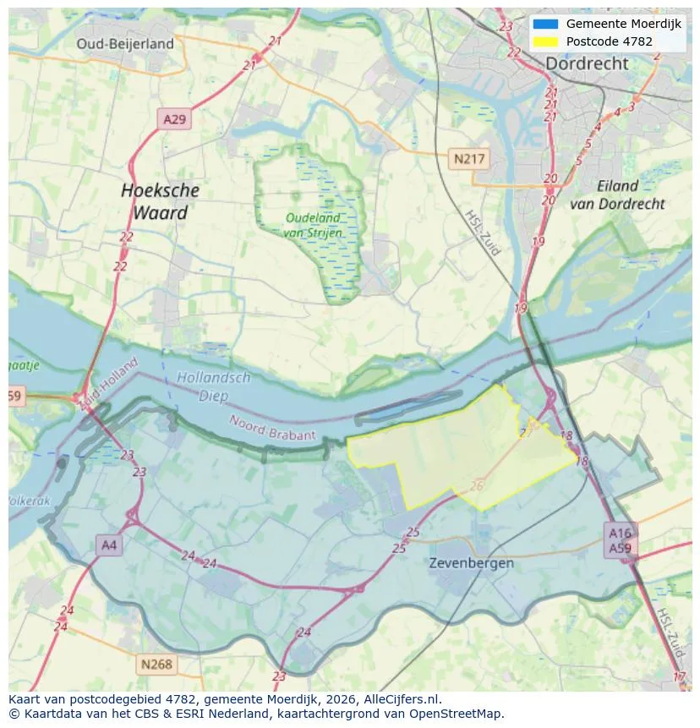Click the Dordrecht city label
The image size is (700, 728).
click(x=587, y=63)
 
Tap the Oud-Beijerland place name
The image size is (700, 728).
click(x=125, y=44)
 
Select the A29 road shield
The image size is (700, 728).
click(x=174, y=119)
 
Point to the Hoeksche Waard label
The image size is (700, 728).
click(x=160, y=201)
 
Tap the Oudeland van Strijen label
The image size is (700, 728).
click(x=312, y=225)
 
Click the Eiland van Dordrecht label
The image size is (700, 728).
click(x=617, y=194)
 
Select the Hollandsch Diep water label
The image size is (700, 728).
click(x=213, y=386)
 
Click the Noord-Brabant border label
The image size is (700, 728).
click(x=272, y=427)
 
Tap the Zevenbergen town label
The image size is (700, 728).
click(x=471, y=562)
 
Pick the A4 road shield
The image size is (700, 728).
click(x=109, y=545)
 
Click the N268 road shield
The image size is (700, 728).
click(x=156, y=664)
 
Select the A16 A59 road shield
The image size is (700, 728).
click(x=620, y=539)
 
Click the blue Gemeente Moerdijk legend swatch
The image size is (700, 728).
click(x=545, y=24)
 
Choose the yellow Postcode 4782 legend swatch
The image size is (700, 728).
click(x=545, y=41)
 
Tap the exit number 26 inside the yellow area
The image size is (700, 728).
click(x=477, y=485)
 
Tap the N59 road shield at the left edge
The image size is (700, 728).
click(x=14, y=396)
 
